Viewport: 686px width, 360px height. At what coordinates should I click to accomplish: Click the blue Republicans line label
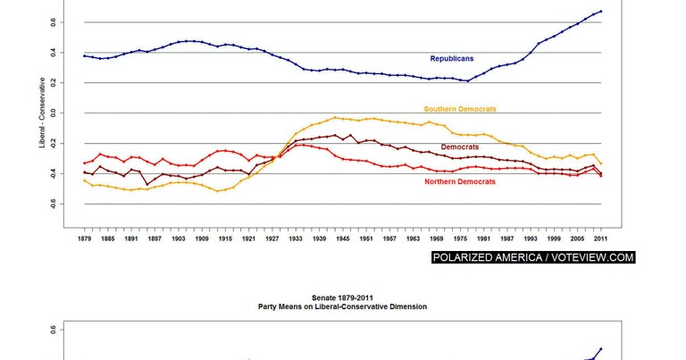tap(451, 59)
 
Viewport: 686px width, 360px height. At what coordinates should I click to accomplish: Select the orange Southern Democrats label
tap(459, 109)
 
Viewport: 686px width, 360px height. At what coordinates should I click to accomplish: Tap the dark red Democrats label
tap(459, 147)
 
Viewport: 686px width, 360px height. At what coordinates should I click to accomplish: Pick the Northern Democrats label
tap(459, 181)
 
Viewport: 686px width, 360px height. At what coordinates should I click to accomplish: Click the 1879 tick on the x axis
tap(84, 239)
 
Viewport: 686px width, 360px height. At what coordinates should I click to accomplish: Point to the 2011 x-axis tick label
tap(601, 239)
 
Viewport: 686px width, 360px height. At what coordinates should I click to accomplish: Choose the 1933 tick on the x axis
tap(296, 239)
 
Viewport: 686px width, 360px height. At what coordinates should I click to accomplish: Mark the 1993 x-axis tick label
tap(531, 239)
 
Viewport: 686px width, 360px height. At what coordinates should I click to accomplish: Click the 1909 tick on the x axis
tap(202, 239)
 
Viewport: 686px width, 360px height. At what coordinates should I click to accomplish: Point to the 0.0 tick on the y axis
tap(54, 113)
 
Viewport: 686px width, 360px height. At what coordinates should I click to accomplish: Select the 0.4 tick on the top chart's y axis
tap(54, 53)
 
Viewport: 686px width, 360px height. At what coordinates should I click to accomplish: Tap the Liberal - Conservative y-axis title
tap(41, 113)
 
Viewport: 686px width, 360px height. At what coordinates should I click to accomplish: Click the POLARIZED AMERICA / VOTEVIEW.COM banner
tap(532, 257)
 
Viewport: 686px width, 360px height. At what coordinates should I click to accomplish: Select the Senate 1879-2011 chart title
tap(343, 297)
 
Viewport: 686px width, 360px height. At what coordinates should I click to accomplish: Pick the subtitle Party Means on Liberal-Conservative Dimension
tap(343, 306)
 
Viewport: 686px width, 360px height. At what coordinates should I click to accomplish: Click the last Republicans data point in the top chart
tap(601, 12)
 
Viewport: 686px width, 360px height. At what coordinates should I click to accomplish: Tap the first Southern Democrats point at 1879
tap(84, 181)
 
